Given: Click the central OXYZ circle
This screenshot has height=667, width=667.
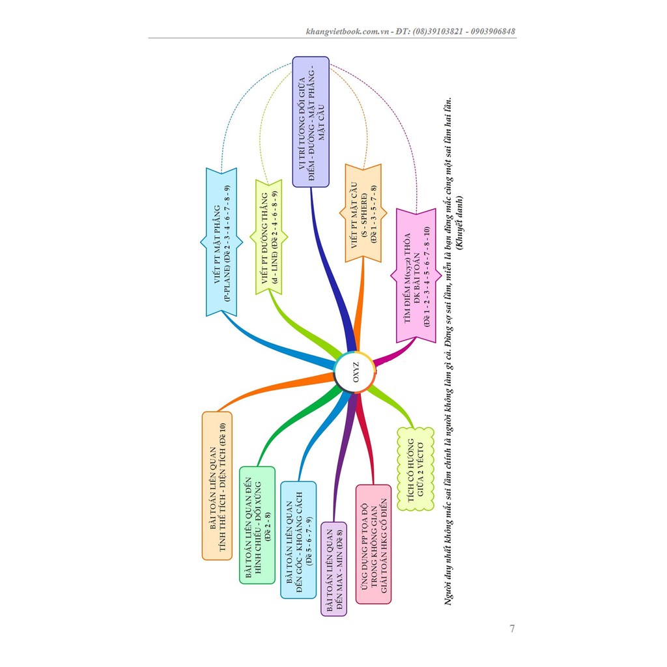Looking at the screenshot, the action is [355, 372].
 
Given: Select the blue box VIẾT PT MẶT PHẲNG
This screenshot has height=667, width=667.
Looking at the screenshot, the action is [221, 242].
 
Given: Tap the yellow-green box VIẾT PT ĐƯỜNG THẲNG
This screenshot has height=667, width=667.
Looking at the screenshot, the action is [269, 237].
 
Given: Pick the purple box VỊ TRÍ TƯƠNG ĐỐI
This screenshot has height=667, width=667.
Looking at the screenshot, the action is [311, 122].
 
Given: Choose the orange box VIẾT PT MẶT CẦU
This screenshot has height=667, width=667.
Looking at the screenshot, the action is [363, 213].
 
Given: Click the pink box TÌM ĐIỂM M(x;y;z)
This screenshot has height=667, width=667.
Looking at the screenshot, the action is [416, 276].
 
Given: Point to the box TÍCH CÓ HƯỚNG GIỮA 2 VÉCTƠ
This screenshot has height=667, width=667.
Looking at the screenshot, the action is [416, 469].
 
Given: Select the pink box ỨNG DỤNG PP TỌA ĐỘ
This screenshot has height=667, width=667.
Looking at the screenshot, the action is [373, 544].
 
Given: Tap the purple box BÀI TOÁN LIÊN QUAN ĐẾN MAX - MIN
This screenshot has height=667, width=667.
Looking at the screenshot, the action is [334, 569].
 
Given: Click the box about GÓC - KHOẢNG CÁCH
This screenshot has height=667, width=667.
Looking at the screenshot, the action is [298, 540].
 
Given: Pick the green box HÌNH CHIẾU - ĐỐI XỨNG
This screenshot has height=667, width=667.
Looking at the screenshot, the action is [257, 525].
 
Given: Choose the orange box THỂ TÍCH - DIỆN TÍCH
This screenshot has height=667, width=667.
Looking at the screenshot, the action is [218, 485].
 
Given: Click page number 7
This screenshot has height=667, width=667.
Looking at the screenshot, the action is [512, 629].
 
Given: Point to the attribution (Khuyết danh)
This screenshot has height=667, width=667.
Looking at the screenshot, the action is [459, 223].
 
